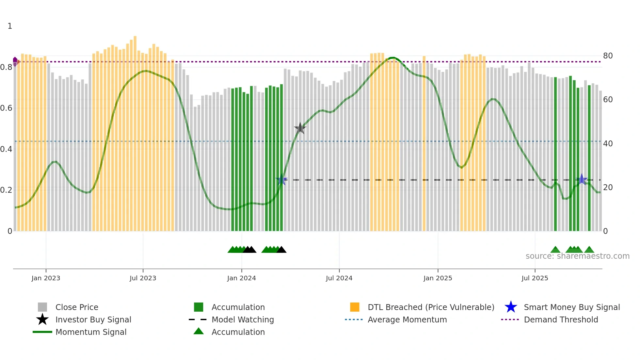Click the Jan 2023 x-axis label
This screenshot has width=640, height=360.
pyautogui.click(x=46, y=278)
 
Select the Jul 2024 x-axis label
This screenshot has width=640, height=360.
pyautogui.click(x=339, y=278)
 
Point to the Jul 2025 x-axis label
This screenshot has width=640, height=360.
pyautogui.click(x=535, y=278)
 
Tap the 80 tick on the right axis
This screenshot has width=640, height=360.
pyautogui.click(x=608, y=56)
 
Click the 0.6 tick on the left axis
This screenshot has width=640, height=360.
pyautogui.click(x=6, y=108)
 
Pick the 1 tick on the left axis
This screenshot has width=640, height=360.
pyautogui.click(x=10, y=26)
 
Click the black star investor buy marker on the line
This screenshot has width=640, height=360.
pyautogui.click(x=300, y=128)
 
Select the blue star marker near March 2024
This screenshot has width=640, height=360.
pyautogui.click(x=281, y=180)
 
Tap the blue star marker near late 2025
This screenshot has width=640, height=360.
pyautogui.click(x=582, y=179)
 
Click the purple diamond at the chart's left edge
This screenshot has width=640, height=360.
pyautogui.click(x=15, y=61)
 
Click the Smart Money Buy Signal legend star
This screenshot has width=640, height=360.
pyautogui.click(x=511, y=307)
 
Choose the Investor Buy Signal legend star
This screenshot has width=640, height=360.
pyautogui.click(x=42, y=319)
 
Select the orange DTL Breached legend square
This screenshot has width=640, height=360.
pyautogui.click(x=355, y=307)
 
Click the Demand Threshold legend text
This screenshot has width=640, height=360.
pyautogui.click(x=561, y=319)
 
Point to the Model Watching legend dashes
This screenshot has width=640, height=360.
pyautogui.click(x=198, y=319)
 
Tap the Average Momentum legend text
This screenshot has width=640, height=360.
pyautogui.click(x=407, y=319)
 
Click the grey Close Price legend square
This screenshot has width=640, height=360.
pyautogui.click(x=42, y=307)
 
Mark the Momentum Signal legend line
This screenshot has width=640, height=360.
pyautogui.click(x=42, y=332)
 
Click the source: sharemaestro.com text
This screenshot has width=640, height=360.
pyautogui.click(x=577, y=256)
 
